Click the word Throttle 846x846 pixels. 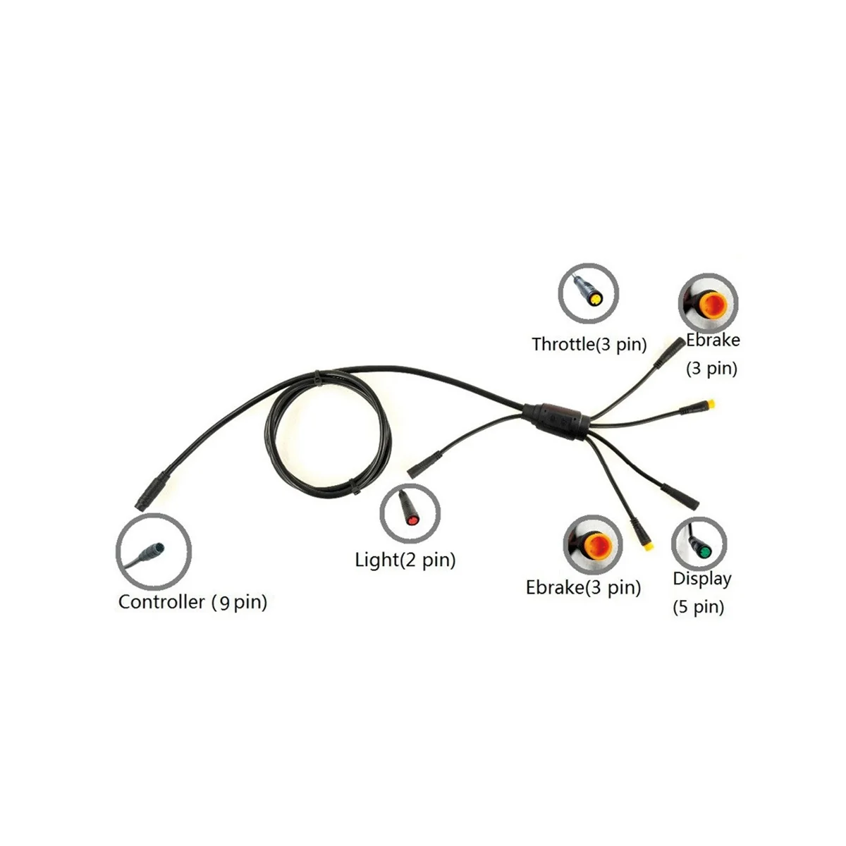tap(563, 345)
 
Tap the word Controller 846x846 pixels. tap(161, 602)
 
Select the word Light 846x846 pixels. tap(376, 560)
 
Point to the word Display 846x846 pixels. tap(701, 579)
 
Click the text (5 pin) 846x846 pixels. tap(698, 606)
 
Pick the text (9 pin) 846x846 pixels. tap(240, 603)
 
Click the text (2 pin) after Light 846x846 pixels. tap(428, 560)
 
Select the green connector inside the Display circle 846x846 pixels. tap(700, 547)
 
